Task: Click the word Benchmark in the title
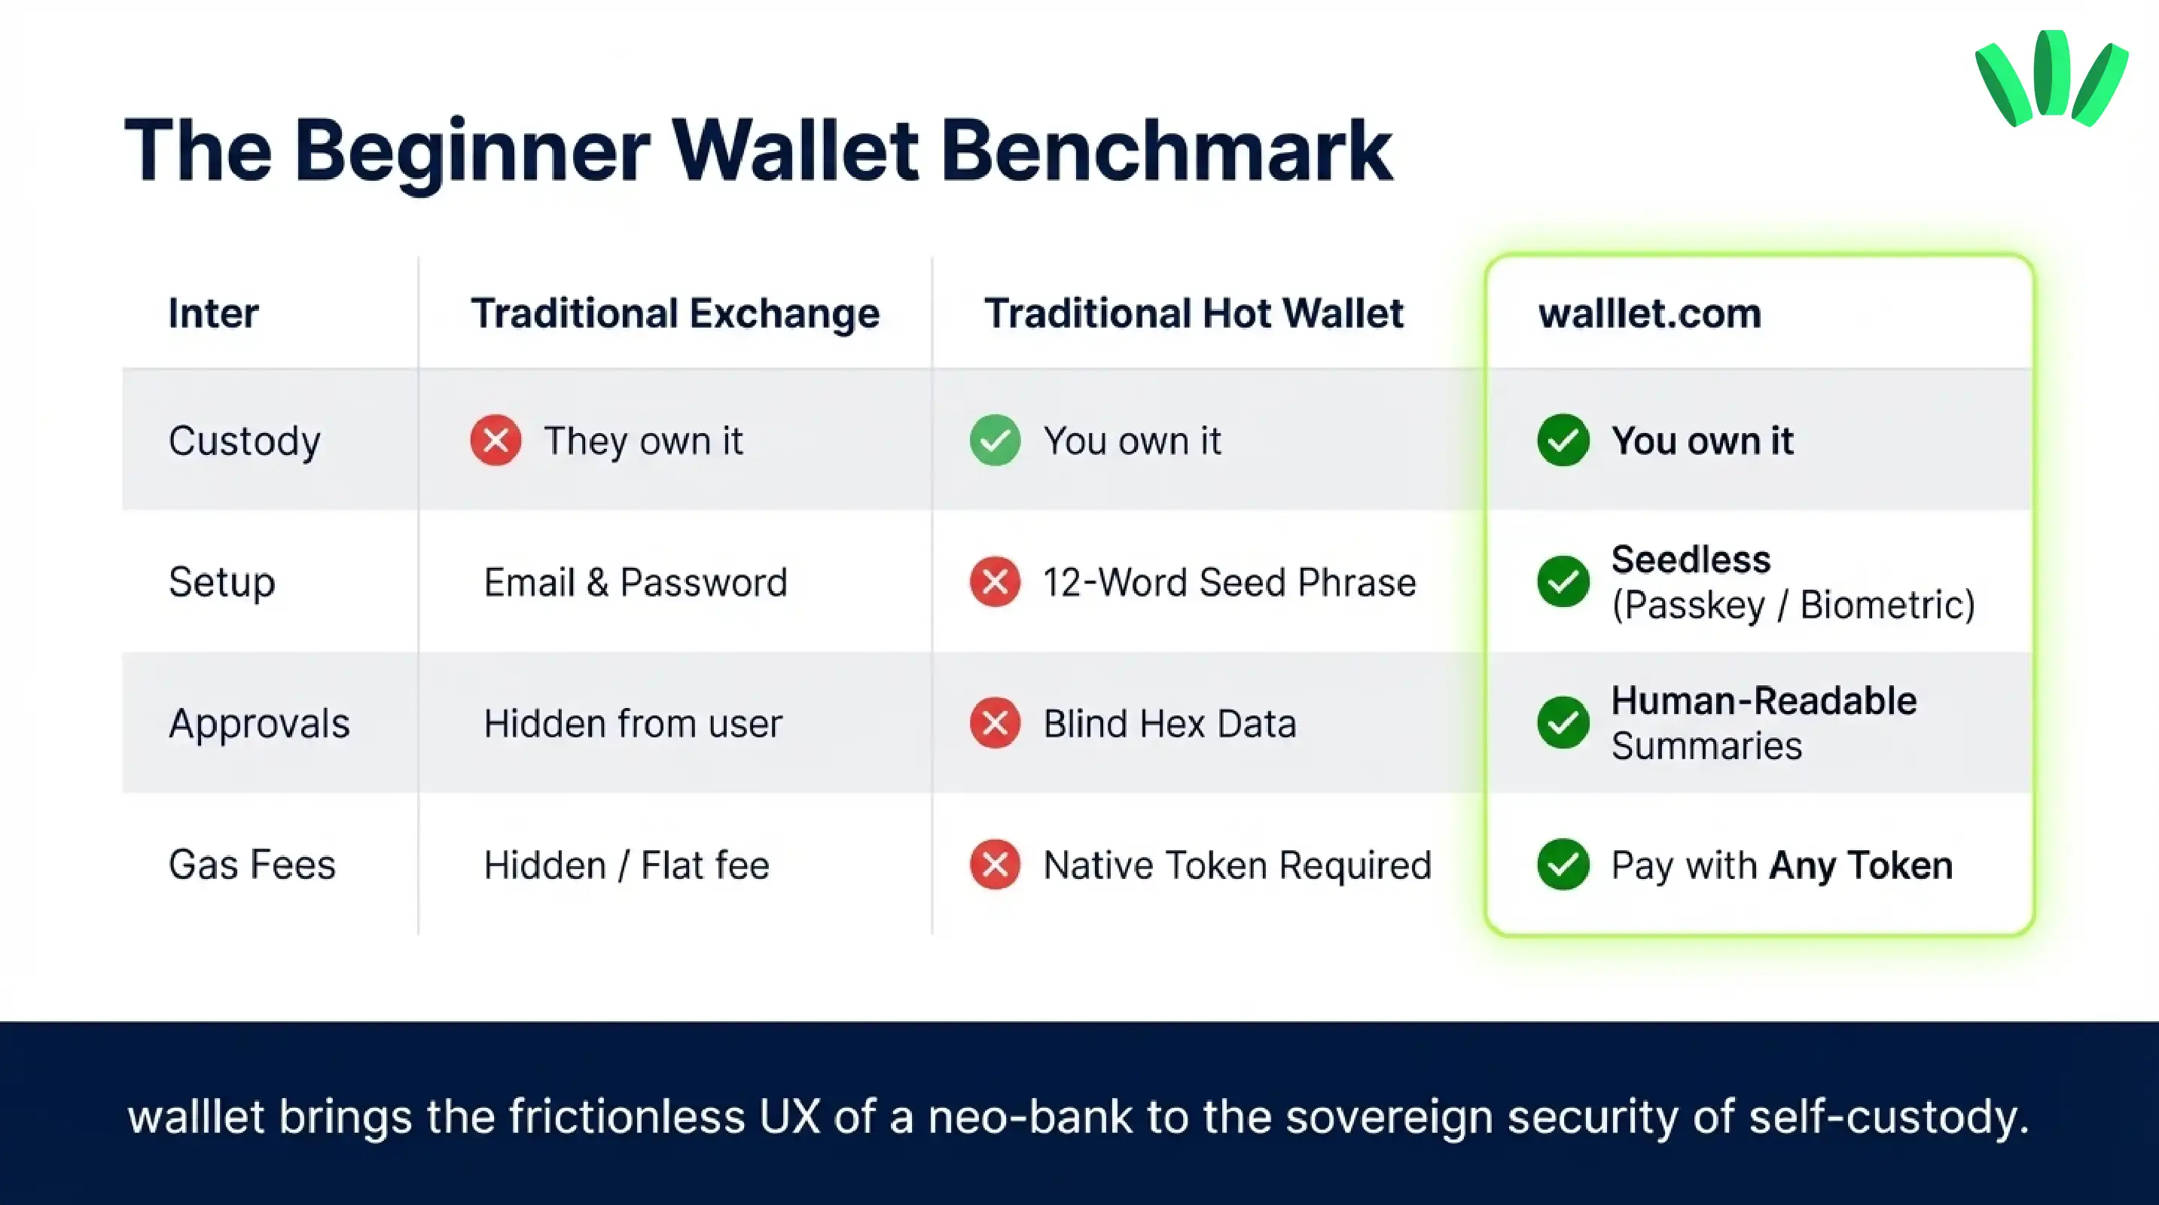[x=1166, y=151]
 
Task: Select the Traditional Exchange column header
[x=675, y=313]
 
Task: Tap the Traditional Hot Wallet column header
[x=1194, y=313]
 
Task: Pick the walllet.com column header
[x=1649, y=313]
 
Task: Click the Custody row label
[x=244, y=441]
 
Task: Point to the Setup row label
[x=221, y=582]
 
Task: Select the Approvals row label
[x=259, y=723]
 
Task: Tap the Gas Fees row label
[x=252, y=865]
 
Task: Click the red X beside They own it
[x=496, y=440]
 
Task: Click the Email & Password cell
[x=636, y=582]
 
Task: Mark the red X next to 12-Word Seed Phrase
[x=995, y=581]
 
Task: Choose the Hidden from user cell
[x=633, y=723]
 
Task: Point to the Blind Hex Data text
[x=1169, y=723]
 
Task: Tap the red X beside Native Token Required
[x=995, y=864]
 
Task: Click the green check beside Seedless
[x=1563, y=581]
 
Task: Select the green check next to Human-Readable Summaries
[x=1563, y=722]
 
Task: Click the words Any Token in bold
[x=1861, y=865]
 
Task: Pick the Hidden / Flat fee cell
[x=626, y=865]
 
